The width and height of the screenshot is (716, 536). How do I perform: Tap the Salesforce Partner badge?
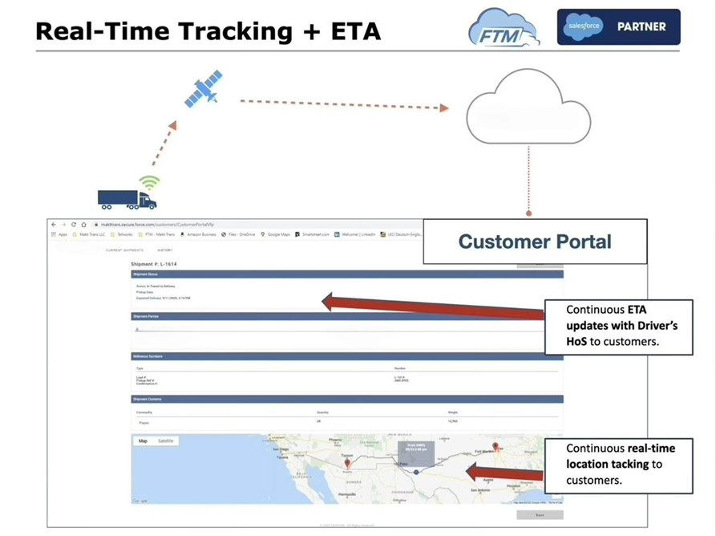618,26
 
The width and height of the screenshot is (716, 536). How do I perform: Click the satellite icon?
204,89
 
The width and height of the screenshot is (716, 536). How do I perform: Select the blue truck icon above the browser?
126,199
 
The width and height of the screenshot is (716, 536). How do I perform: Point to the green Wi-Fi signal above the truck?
149,182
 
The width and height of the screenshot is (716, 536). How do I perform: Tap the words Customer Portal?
534,241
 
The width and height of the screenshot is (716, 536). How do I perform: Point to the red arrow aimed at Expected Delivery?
433,306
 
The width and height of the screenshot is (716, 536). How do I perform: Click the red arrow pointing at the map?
505,472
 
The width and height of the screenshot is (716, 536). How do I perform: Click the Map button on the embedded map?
143,441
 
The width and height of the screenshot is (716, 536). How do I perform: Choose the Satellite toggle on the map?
166,441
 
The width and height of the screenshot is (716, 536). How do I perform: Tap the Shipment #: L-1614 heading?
153,264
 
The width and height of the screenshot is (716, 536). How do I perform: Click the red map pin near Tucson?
347,464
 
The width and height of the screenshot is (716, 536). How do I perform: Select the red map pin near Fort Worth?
496,446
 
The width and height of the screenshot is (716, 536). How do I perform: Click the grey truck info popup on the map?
415,453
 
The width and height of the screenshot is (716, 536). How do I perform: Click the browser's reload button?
73,225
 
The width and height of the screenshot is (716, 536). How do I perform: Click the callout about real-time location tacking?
617,465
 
